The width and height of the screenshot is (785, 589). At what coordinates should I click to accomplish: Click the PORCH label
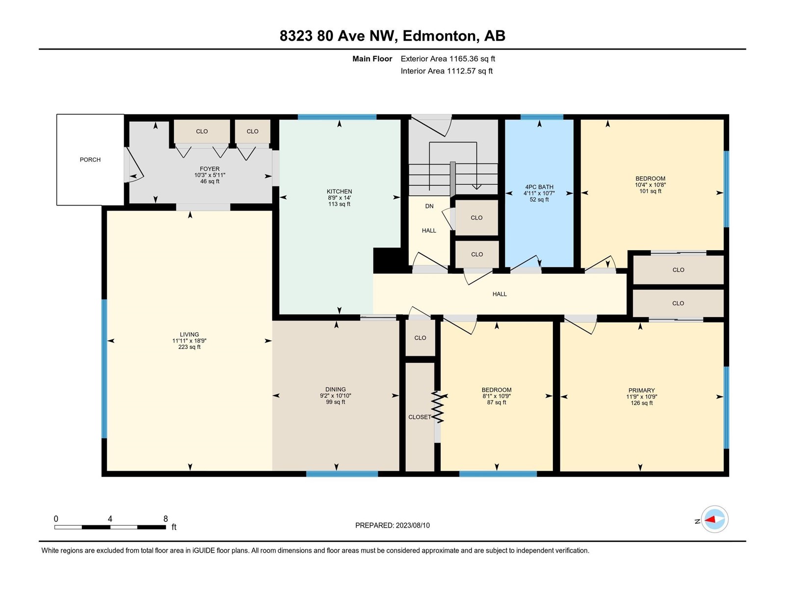(90, 160)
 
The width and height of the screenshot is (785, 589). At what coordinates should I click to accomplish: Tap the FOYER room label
(209, 169)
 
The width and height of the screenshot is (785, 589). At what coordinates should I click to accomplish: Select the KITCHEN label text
(339, 191)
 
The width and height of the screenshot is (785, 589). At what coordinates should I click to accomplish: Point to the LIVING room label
(189, 334)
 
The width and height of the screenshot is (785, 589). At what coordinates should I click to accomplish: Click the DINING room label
(336, 389)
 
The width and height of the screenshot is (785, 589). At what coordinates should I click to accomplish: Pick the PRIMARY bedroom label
(641, 390)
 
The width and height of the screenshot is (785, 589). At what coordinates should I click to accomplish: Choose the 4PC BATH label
(539, 187)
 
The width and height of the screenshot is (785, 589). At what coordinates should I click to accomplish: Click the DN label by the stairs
(429, 206)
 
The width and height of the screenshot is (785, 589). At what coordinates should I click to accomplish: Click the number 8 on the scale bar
(165, 518)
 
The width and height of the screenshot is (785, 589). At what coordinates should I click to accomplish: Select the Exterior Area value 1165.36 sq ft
(472, 58)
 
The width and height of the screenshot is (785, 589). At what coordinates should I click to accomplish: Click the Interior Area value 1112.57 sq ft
(470, 71)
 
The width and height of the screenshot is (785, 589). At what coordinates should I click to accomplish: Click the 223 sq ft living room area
(189, 347)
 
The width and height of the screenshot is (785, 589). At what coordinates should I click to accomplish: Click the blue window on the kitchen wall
(337, 117)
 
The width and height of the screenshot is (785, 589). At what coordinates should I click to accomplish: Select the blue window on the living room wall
(104, 369)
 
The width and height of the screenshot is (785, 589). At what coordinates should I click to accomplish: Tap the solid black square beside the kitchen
(387, 260)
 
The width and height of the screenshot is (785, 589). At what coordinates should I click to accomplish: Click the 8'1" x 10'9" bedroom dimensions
(497, 396)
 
